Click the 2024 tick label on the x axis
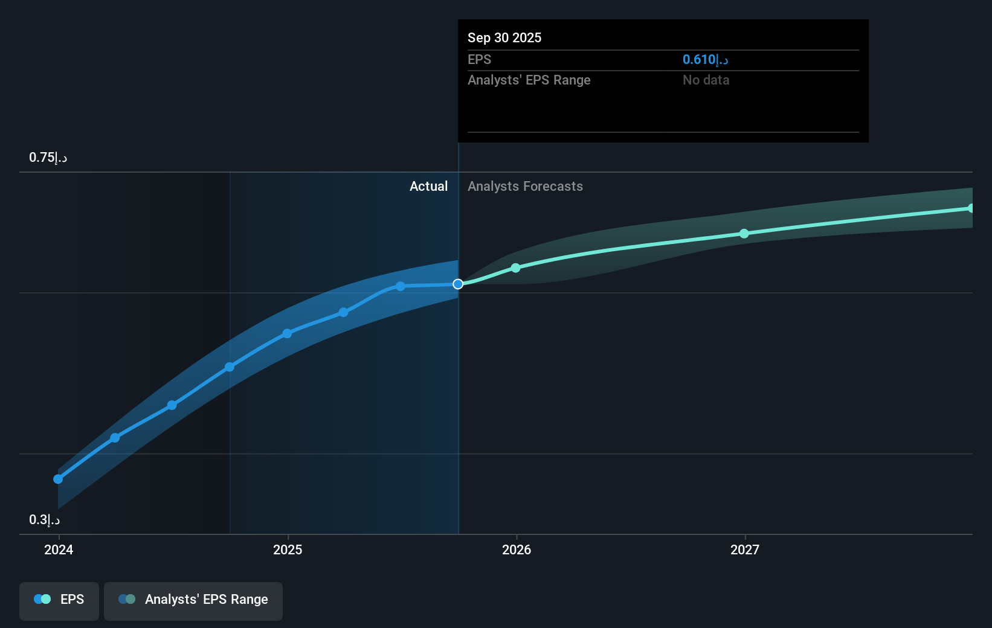[x=59, y=549]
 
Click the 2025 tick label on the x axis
[x=288, y=549]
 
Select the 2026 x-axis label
[x=517, y=549]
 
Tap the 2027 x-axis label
[x=745, y=549]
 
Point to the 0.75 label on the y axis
[x=48, y=158]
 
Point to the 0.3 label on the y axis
[x=44, y=520]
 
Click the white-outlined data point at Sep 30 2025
[x=458, y=284]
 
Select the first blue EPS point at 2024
[x=58, y=479]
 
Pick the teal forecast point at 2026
[x=515, y=268]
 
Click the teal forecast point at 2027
[x=744, y=234]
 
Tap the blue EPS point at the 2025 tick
[x=287, y=333]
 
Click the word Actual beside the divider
[x=428, y=187]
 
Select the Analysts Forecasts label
[x=525, y=187]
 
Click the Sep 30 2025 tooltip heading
[x=504, y=37]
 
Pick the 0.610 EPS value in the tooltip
[x=705, y=59]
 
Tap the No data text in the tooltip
[x=706, y=80]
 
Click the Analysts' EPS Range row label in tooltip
[x=529, y=80]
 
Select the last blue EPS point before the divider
[x=400, y=286]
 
